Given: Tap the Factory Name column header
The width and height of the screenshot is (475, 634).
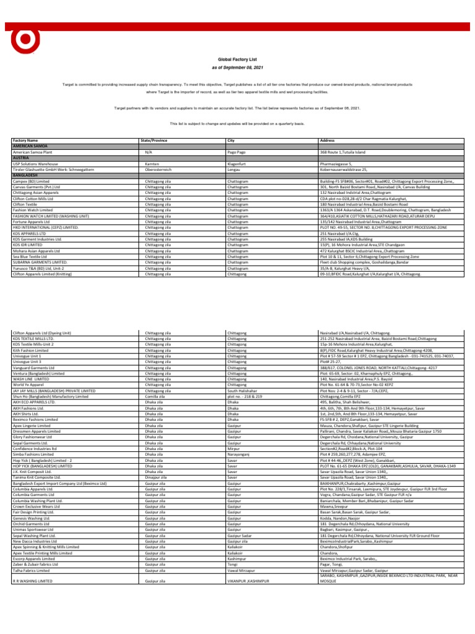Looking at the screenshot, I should point(25,141).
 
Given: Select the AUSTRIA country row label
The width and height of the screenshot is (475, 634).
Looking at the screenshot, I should point(20,156).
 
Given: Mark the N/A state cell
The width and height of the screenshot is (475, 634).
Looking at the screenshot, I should point(148,151).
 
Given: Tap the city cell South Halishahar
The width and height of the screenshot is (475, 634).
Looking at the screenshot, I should point(246,391).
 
